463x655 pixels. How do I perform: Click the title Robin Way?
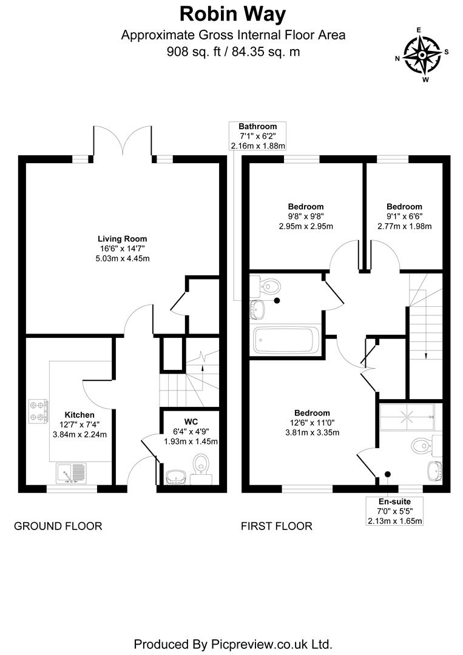click(233, 13)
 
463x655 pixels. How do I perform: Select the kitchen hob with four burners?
click(38, 411)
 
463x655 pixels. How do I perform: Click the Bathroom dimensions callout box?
click(257, 136)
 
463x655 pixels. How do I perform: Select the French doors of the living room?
click(122, 143)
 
